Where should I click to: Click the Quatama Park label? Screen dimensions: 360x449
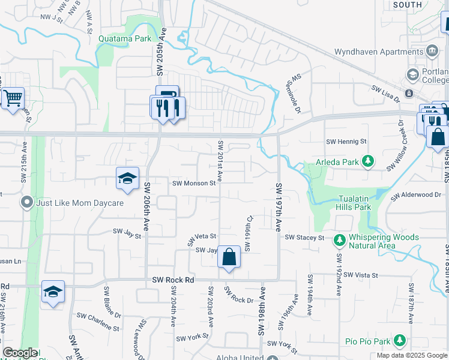(125, 39)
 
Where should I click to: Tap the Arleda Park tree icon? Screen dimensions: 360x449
(369, 161)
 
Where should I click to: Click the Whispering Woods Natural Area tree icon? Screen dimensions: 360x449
(339, 239)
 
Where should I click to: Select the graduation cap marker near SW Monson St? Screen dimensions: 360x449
(127, 179)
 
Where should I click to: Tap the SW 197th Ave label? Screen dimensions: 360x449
(279, 207)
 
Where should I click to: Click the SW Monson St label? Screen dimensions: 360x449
(194, 184)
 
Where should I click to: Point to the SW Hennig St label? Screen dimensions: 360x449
(346, 142)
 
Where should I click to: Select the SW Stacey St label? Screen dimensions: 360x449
(304, 238)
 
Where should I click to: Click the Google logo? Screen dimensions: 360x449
(20, 353)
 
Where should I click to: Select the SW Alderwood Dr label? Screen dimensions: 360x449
(416, 196)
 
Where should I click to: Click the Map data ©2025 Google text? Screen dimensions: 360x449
(411, 355)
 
